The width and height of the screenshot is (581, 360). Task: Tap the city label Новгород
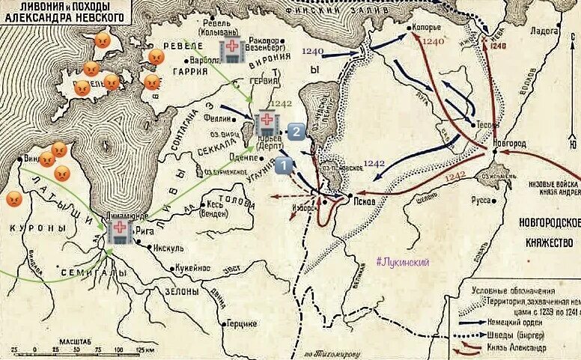coord(509,142)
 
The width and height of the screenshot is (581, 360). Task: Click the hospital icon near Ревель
coord(231,51)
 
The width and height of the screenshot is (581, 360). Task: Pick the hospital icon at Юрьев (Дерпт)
coord(267,122)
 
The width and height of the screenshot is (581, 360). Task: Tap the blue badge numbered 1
coord(284,166)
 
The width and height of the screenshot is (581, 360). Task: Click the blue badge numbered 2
coord(296,132)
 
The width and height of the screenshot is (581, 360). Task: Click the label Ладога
coord(544,31)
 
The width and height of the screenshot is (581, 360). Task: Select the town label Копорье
coord(425,28)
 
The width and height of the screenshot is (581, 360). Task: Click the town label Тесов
coord(481,123)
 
